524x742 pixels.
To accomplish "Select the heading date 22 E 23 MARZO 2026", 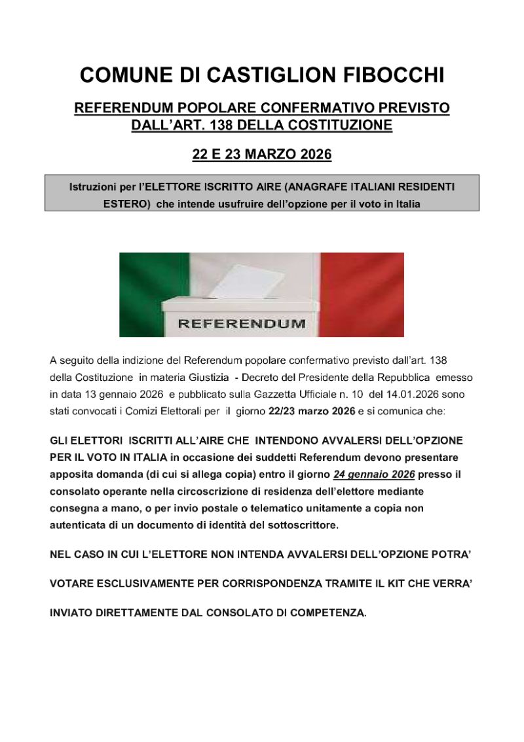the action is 262,155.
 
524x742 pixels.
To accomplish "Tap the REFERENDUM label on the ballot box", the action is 241,323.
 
